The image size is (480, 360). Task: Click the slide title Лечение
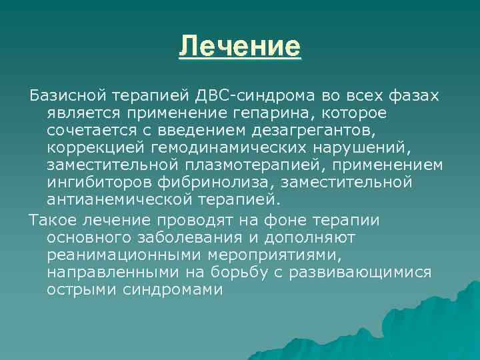coord(240,48)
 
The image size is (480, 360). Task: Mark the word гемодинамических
coord(222,147)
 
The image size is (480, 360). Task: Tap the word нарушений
coord(352,147)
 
